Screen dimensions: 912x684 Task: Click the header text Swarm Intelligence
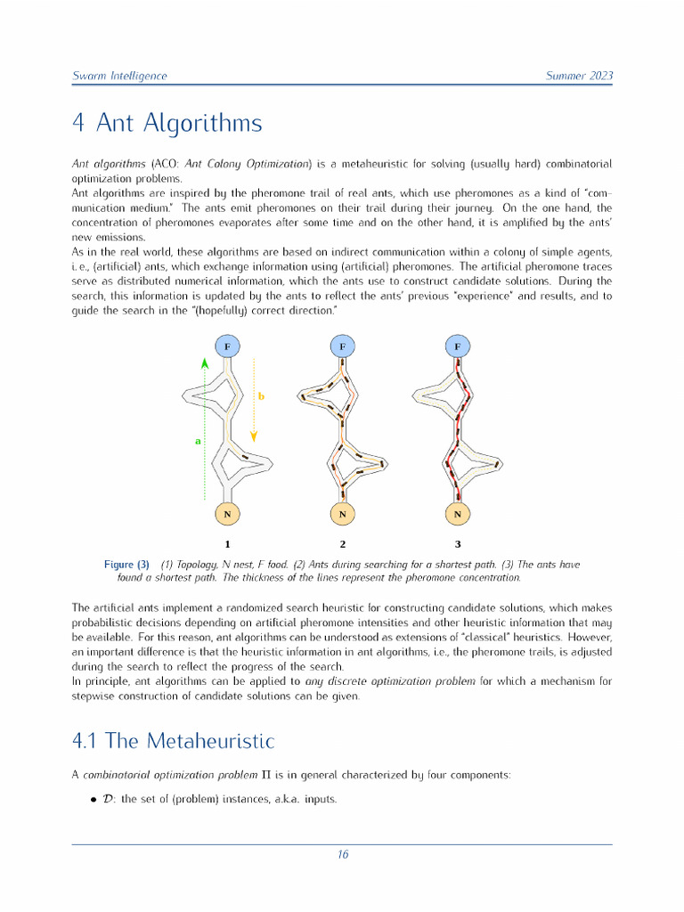(118, 76)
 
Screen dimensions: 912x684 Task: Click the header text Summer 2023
(579, 76)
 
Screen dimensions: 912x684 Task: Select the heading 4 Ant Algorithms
(167, 123)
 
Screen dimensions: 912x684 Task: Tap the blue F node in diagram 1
(227, 345)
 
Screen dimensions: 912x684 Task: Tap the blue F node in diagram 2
(342, 345)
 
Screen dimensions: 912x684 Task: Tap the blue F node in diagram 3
(458, 345)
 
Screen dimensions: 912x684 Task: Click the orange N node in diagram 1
(227, 514)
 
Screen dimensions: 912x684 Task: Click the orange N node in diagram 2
(342, 514)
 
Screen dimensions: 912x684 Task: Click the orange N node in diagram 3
(458, 514)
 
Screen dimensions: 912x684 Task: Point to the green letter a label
(198, 440)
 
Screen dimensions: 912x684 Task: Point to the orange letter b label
(261, 395)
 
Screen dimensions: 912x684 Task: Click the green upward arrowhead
(204, 362)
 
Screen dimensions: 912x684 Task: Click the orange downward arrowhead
(254, 436)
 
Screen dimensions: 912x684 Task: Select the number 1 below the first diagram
(227, 543)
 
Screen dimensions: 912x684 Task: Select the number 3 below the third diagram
(458, 543)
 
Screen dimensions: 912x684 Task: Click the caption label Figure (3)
(126, 565)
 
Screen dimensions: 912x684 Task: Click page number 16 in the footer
(342, 855)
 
